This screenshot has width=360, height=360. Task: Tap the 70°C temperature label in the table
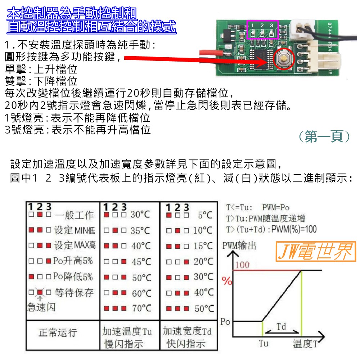(141, 309)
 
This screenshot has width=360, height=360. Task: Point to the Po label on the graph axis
(225, 321)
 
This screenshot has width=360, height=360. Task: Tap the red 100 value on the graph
(243, 265)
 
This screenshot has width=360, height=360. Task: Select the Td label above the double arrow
(282, 327)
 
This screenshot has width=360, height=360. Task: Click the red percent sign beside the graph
(227, 281)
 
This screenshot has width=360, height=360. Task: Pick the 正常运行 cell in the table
(58, 332)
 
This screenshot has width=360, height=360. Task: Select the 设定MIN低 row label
(75, 230)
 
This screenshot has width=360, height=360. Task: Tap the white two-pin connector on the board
(302, 27)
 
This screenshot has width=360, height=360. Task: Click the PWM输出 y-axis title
(239, 246)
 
